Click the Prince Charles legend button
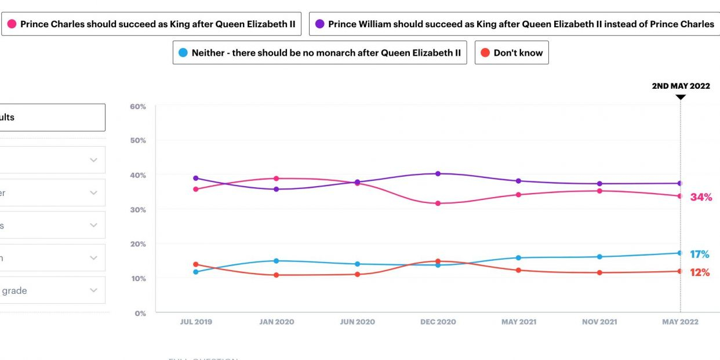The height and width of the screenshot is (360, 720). (151, 24)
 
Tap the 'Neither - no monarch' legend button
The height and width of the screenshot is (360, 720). (319, 53)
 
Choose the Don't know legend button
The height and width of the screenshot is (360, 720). (511, 53)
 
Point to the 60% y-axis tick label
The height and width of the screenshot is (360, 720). (138, 107)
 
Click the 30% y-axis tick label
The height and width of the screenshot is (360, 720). (138, 209)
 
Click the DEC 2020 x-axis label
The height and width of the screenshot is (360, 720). (438, 322)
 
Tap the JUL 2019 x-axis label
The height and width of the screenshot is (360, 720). (195, 322)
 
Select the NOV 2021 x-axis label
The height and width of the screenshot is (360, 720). (599, 322)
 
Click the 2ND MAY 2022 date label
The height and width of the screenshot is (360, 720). (681, 86)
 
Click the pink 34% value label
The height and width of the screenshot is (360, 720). (701, 197)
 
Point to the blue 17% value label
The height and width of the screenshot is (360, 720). (699, 254)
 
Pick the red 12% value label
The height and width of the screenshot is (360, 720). (699, 272)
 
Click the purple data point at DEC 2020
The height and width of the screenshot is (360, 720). (438, 173)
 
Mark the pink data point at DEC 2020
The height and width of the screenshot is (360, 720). (438, 203)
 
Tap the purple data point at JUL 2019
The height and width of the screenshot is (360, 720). (196, 178)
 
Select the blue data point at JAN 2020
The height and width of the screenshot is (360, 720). (277, 261)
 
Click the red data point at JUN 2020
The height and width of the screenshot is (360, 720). (357, 274)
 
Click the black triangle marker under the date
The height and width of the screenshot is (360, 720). (681, 97)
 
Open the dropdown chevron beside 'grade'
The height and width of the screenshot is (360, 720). (93, 290)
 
